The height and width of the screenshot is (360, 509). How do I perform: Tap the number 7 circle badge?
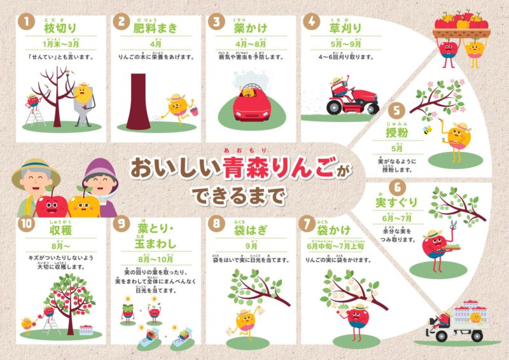[x=309, y=225]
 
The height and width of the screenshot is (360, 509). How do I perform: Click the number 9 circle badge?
[x=121, y=225]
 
